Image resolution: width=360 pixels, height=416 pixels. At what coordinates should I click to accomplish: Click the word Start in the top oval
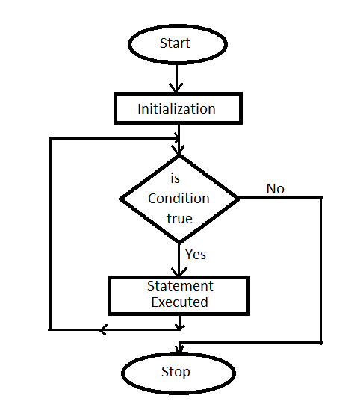[x=175, y=43]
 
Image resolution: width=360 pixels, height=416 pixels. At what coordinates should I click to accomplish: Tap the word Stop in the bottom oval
[x=176, y=372]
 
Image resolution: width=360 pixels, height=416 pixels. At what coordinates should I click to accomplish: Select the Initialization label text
[x=176, y=109]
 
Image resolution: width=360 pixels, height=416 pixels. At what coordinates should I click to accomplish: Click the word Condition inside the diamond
[x=179, y=199]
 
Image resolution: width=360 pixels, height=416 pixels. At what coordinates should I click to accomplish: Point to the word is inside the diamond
[x=175, y=178]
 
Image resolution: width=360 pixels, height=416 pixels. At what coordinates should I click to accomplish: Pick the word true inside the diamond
[x=179, y=219]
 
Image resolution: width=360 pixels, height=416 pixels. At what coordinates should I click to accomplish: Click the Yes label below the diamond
[x=196, y=255]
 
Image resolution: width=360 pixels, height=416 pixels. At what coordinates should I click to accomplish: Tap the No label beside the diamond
[x=276, y=189]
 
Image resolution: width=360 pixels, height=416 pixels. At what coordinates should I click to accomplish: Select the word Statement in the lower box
[x=180, y=286]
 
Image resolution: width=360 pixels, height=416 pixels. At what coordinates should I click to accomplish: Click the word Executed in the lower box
[x=179, y=302]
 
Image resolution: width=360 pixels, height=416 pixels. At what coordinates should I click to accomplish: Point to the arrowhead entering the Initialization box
[x=176, y=87]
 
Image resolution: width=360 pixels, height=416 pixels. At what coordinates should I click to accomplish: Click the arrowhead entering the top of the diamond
[x=179, y=149]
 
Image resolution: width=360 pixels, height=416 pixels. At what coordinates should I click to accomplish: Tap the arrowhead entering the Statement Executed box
[x=179, y=272]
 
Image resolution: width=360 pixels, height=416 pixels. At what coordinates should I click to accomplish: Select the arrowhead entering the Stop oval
[x=179, y=349]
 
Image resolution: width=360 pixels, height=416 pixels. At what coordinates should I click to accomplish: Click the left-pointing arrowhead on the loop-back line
[x=103, y=329]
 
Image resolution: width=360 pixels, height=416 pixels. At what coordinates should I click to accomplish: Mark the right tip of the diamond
[x=240, y=198]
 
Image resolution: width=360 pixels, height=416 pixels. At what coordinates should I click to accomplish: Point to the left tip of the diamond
[x=120, y=199]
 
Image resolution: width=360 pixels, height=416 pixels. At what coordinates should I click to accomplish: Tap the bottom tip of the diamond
[x=179, y=243]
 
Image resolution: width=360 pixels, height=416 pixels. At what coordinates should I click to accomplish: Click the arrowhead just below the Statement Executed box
[x=179, y=327]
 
